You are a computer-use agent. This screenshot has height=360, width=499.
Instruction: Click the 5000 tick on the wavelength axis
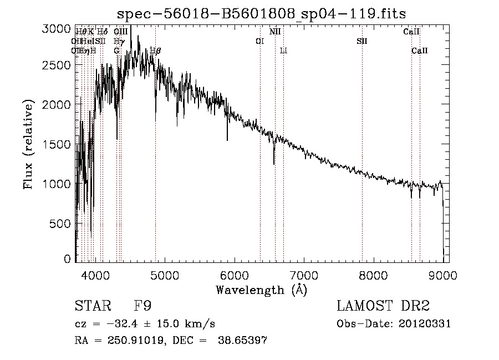coord(164,274)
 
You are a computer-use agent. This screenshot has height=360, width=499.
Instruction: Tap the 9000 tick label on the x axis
coord(443,274)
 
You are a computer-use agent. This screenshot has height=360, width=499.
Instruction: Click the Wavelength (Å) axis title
coord(261,290)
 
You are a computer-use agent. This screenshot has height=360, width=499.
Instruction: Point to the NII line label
coord(275,32)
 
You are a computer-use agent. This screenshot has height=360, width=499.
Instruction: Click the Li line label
coord(283,51)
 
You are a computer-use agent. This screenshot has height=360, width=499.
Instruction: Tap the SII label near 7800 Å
coord(362,41)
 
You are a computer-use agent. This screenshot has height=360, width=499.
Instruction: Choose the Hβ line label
coord(156,51)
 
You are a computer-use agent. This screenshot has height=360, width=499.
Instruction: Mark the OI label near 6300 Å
coord(259,41)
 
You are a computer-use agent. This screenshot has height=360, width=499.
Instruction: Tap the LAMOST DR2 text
coord(383,306)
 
